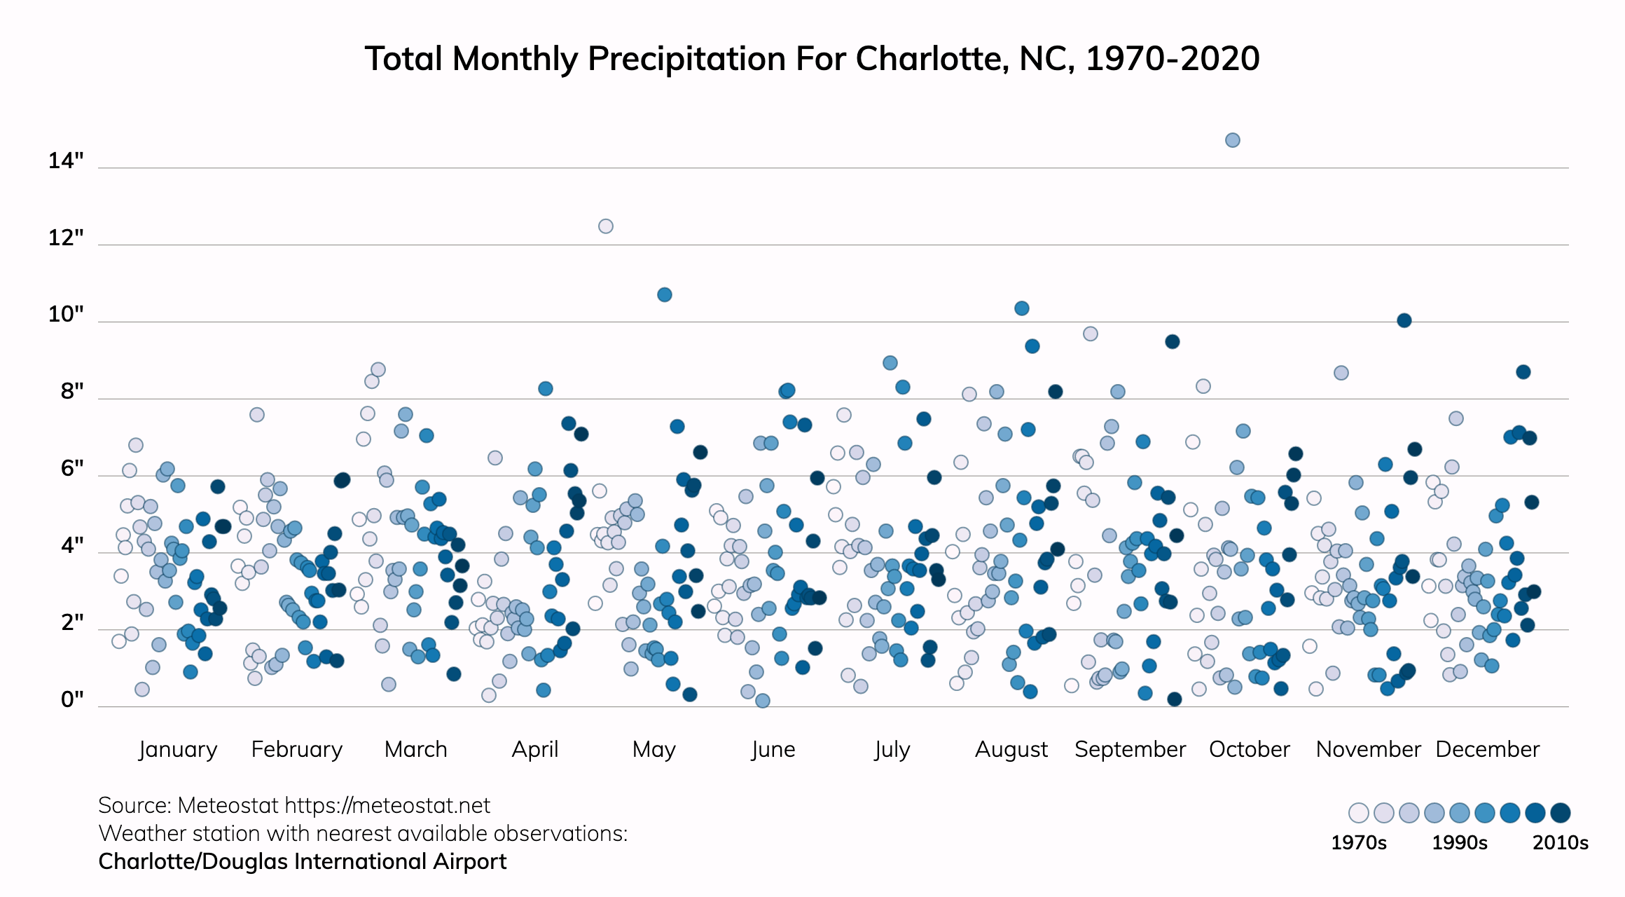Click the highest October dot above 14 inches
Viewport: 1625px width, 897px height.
point(1233,140)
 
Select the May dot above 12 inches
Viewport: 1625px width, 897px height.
point(606,226)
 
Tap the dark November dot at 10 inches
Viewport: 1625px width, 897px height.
point(1404,320)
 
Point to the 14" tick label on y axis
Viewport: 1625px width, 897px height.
point(66,161)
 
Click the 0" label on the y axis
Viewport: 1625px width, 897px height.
point(72,699)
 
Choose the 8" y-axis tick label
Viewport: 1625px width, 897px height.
point(72,392)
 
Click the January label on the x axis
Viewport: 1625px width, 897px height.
point(178,749)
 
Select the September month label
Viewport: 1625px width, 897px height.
point(1130,749)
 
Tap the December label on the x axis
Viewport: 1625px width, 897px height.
point(1487,749)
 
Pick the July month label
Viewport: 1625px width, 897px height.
point(892,749)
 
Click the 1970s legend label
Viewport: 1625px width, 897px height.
point(1359,842)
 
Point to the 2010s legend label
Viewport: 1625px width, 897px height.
point(1561,842)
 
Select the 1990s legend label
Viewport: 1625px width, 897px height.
point(1460,842)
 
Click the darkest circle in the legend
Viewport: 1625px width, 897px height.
point(1561,813)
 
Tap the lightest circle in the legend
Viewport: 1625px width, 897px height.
point(1359,813)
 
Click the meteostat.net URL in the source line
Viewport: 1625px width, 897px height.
point(387,806)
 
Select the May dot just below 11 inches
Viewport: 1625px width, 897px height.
point(665,295)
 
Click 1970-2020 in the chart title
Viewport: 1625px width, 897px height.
point(1173,59)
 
